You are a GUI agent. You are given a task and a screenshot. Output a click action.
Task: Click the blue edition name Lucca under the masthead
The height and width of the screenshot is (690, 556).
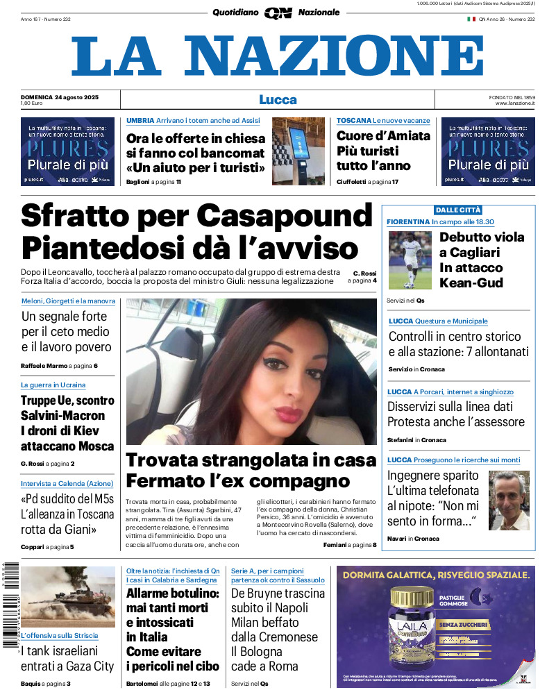(278, 99)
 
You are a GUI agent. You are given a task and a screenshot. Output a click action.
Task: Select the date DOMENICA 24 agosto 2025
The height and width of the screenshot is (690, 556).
(60, 96)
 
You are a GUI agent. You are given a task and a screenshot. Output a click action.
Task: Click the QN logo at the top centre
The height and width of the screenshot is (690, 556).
(278, 12)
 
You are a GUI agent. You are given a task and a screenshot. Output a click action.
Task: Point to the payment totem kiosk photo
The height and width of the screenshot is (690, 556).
(298, 151)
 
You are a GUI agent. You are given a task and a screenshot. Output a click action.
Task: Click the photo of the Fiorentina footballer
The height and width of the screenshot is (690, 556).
(410, 260)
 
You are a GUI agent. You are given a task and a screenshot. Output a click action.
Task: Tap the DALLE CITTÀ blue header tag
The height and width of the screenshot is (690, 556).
(457, 210)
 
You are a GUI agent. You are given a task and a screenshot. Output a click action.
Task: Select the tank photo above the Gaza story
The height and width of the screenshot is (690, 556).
(68, 597)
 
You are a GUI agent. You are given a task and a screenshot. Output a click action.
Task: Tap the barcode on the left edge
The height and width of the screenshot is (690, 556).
(9, 604)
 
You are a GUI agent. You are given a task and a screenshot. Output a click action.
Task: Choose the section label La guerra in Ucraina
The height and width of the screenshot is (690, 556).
(53, 385)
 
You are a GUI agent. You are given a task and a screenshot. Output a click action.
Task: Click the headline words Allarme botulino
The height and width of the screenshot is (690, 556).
(173, 594)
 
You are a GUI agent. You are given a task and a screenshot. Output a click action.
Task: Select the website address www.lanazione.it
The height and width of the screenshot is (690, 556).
(514, 103)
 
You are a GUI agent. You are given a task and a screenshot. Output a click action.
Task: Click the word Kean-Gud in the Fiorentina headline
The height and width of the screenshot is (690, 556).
(471, 283)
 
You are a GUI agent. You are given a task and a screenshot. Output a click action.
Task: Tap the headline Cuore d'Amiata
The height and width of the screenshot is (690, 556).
(383, 136)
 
